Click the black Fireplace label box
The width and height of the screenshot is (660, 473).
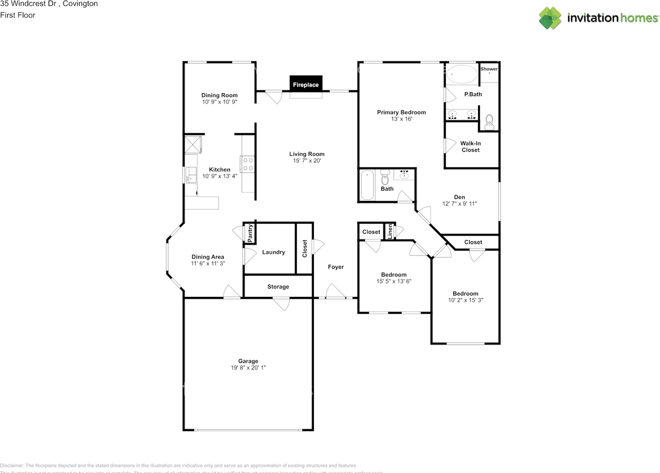306,84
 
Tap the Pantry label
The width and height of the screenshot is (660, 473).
250,233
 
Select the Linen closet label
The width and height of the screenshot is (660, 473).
390,231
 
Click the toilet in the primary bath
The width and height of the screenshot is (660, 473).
489,122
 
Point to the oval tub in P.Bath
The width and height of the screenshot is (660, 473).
461,75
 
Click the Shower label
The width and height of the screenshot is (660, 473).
489,69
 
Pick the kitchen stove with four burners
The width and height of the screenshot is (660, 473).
247,164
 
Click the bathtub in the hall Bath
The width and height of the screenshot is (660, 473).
367,184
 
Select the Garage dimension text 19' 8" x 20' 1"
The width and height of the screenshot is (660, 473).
248,368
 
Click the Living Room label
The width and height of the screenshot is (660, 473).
307,154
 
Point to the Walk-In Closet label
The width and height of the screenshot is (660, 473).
470,146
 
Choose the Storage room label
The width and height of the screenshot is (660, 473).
278,286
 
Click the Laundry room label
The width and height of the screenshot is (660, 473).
273,252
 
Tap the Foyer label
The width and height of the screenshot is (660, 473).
336,267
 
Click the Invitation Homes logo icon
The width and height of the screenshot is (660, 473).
550,18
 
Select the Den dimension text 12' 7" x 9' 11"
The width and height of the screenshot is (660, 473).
459,204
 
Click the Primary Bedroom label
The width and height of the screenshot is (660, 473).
401,112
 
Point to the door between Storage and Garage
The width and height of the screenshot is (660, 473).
281,304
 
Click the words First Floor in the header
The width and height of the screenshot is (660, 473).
18,15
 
